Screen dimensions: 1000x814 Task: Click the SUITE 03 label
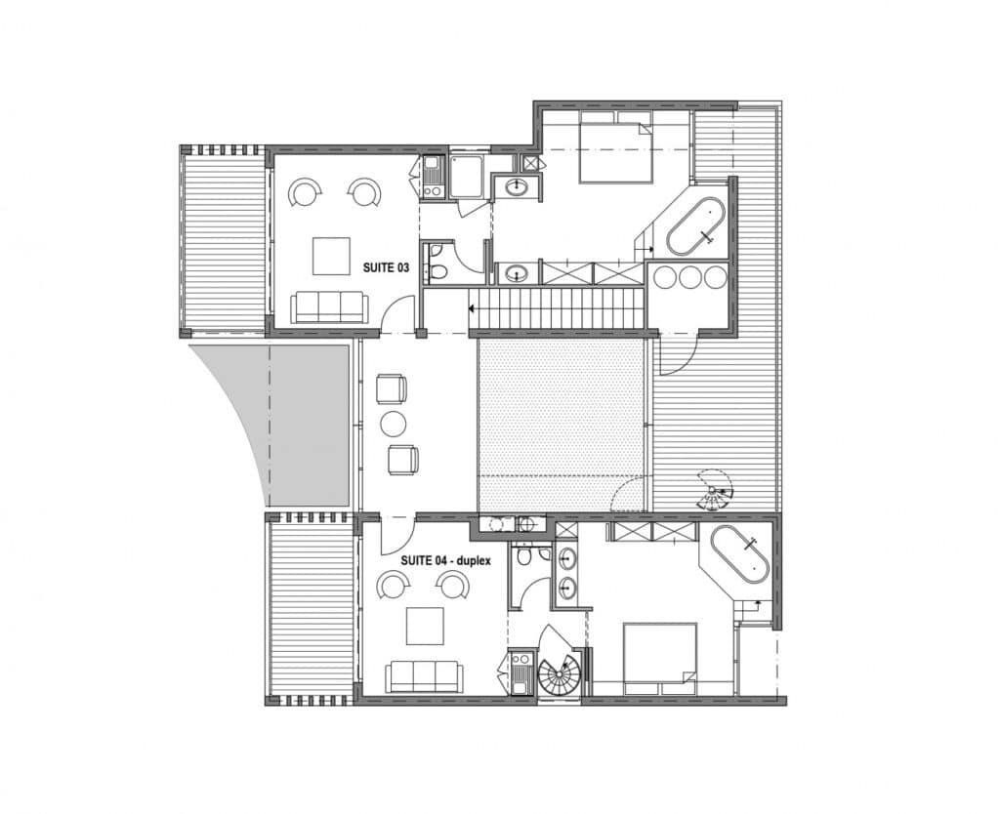(386, 267)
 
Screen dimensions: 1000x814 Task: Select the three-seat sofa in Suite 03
(329, 307)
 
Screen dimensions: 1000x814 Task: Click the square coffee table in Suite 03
(332, 256)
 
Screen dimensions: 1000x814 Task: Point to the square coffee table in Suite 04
(426, 626)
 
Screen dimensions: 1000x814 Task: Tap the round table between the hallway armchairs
(393, 423)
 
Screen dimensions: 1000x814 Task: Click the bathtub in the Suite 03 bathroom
(695, 226)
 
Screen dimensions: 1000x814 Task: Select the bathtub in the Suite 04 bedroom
(740, 554)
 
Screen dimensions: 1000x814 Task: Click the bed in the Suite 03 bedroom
(615, 148)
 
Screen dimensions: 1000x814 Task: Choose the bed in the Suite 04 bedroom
(659, 659)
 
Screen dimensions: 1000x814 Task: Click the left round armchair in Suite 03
(305, 191)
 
